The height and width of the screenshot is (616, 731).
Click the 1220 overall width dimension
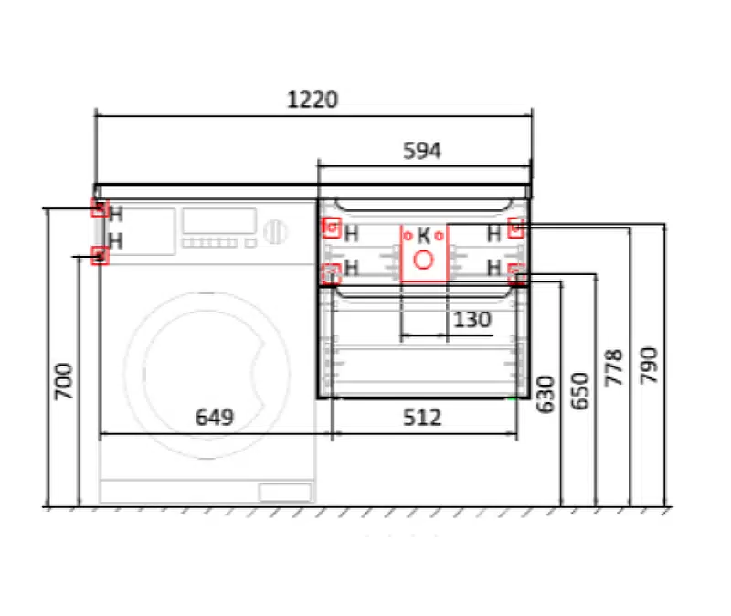(x=313, y=100)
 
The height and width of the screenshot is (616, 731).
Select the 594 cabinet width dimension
(x=422, y=151)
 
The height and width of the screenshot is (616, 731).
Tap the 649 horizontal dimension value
(x=215, y=418)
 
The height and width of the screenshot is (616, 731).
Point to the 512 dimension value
(x=422, y=418)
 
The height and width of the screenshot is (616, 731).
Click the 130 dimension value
(x=472, y=320)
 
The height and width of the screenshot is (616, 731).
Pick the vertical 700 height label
(x=64, y=381)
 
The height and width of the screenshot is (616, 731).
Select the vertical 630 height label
(x=546, y=395)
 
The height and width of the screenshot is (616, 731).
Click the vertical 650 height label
(x=580, y=391)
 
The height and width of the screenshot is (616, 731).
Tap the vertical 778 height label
(x=614, y=367)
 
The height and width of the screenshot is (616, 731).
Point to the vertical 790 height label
(x=649, y=366)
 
